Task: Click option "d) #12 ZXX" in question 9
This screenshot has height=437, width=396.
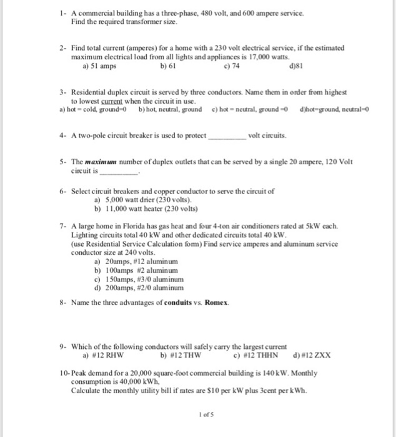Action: click(x=311, y=356)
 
